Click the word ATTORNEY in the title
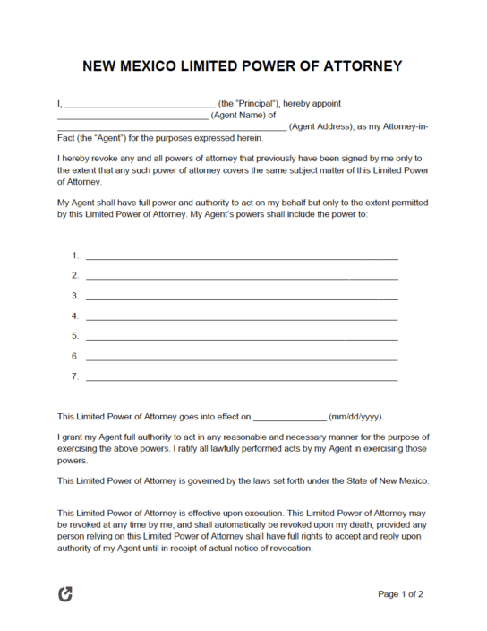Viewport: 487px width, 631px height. (362, 66)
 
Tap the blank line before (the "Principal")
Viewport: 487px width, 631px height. (140, 106)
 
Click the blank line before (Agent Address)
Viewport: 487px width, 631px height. (171, 129)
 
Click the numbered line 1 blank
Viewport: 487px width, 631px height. (242, 258)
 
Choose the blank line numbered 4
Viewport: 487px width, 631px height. (242, 318)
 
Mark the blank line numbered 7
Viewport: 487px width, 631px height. (242, 379)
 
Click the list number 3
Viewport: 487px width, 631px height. (75, 296)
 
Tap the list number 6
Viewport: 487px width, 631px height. (75, 356)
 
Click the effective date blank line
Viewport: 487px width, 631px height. (290, 419)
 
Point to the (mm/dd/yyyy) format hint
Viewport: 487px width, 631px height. (356, 417)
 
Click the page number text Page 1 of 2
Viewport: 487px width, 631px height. (400, 593)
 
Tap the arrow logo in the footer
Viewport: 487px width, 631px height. (65, 593)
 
